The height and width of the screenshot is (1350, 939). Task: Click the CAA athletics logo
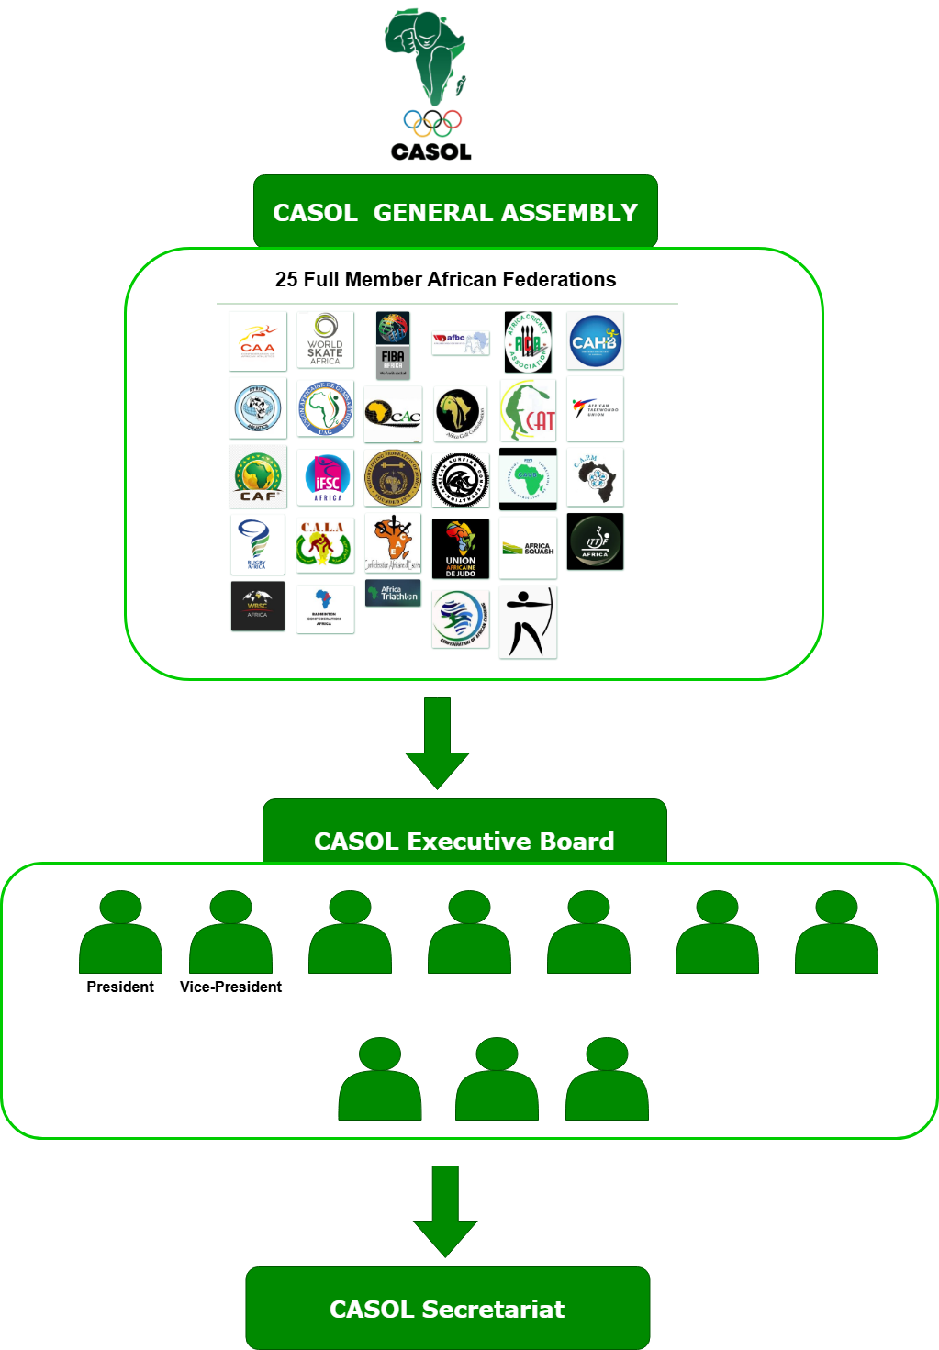click(x=258, y=341)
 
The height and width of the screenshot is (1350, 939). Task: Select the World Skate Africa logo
click(x=325, y=340)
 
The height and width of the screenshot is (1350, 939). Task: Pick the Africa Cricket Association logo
click(x=528, y=341)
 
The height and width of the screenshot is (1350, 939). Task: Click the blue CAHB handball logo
click(x=595, y=340)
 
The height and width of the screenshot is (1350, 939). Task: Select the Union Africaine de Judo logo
click(x=461, y=549)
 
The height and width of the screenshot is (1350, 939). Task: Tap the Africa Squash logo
click(x=528, y=548)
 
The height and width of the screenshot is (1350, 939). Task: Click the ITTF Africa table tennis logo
click(x=595, y=541)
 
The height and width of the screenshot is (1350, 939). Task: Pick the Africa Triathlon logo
click(x=393, y=594)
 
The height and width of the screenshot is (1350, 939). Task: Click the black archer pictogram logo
click(x=529, y=622)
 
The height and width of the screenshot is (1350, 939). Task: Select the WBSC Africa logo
click(x=258, y=607)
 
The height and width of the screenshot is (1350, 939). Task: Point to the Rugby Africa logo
click(x=257, y=544)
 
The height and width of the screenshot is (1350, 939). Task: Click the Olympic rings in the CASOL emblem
click(x=432, y=122)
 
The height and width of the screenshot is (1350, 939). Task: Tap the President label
click(x=120, y=987)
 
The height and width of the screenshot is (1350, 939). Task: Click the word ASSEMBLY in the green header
click(x=569, y=213)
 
